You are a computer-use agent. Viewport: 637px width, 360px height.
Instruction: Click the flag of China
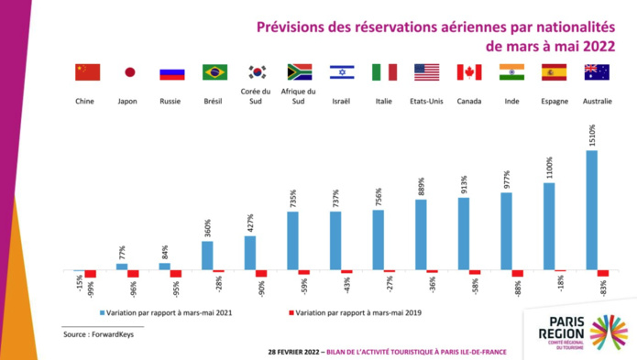click(x=87, y=72)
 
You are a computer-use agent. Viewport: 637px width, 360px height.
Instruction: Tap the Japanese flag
click(x=129, y=72)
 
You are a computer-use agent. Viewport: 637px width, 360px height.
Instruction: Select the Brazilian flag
click(x=214, y=72)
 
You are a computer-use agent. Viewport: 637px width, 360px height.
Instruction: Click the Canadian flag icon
click(x=468, y=72)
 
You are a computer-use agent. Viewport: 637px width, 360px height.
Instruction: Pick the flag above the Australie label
click(x=597, y=72)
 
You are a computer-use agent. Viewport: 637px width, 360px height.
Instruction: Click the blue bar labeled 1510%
click(x=591, y=210)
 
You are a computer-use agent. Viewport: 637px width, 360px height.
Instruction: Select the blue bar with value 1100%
click(x=549, y=226)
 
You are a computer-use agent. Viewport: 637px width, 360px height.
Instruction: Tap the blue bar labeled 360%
click(x=207, y=256)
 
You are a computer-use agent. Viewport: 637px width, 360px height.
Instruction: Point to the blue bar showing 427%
click(x=250, y=253)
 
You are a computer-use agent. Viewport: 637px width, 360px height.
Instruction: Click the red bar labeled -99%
click(x=90, y=274)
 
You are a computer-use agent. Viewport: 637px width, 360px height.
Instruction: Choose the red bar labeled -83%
click(x=603, y=274)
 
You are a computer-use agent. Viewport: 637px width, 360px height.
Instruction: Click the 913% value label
click(x=464, y=184)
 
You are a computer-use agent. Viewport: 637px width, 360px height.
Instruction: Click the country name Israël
click(x=341, y=102)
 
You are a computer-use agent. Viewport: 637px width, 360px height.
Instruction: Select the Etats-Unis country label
click(x=426, y=102)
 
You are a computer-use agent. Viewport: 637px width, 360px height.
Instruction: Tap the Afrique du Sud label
click(x=300, y=96)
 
